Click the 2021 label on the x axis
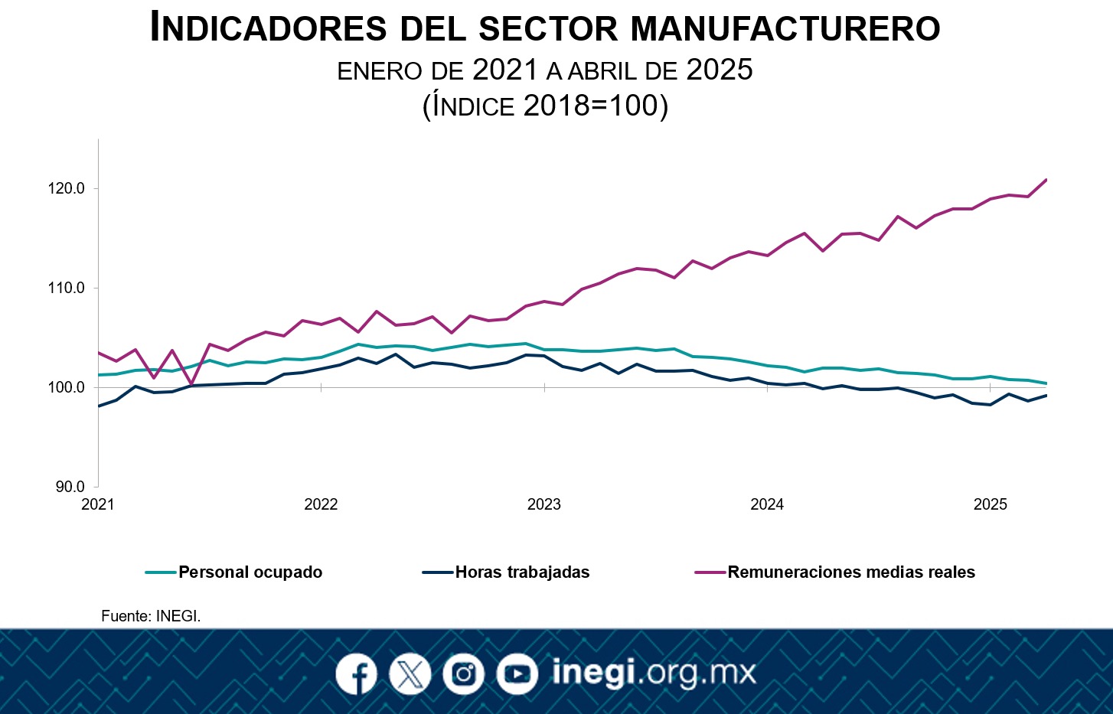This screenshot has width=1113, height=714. pos(98,504)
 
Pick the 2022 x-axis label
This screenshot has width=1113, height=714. pos(321,504)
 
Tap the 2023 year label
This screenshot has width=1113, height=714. pos(544,504)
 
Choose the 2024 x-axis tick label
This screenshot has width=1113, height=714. pos(767,504)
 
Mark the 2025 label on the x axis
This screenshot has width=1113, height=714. pos(991,504)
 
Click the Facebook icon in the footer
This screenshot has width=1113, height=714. pos(356,674)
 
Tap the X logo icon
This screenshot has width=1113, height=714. pos(410,674)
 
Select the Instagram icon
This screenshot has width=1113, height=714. pos(463,674)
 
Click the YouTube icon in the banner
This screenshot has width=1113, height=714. pos(517,674)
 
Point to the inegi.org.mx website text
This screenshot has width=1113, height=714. pos(654,673)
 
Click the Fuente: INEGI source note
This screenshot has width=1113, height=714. pos(151,616)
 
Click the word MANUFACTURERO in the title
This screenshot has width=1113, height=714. pos(786,29)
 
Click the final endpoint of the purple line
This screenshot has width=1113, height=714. pos(1046,180)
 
